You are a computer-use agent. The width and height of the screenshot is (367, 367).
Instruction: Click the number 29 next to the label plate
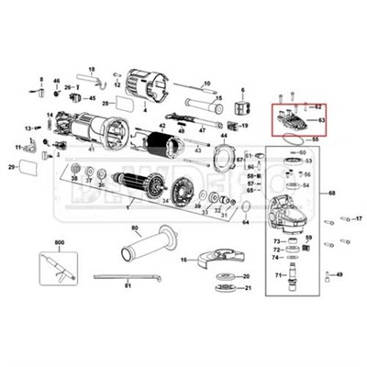[x=12, y=167]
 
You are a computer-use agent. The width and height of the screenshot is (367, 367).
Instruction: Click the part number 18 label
[x=92, y=70]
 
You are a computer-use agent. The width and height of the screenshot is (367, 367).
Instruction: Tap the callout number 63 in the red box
[x=322, y=119]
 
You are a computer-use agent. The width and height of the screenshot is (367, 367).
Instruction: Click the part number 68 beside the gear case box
[x=332, y=193]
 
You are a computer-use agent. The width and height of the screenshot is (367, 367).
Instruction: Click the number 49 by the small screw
[x=339, y=275]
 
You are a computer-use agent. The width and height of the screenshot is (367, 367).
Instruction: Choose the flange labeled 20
[x=220, y=276]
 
